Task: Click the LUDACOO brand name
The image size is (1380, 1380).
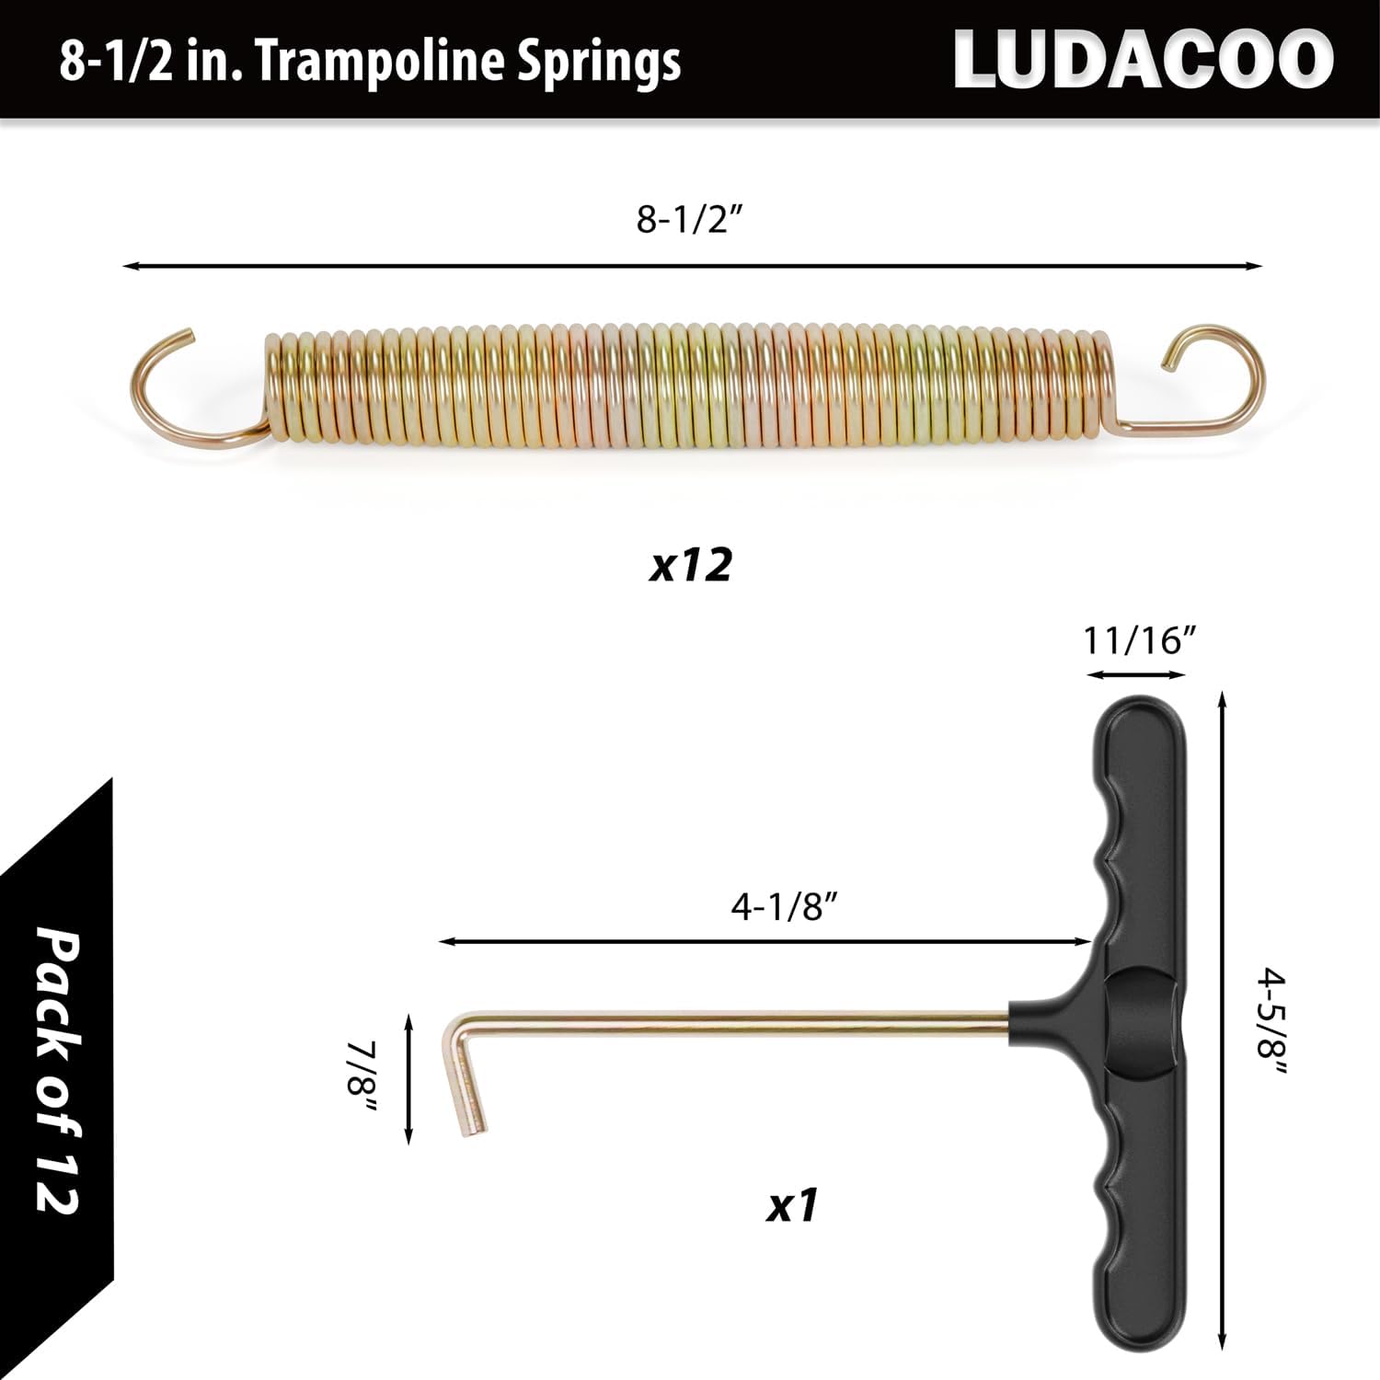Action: [1143, 61]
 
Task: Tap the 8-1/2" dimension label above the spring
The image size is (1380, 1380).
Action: [689, 220]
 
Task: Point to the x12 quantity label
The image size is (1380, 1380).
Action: [690, 565]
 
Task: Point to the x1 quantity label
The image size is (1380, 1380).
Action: [792, 1204]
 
